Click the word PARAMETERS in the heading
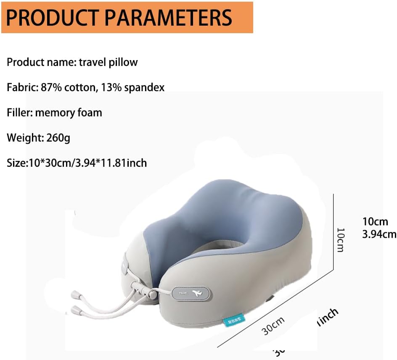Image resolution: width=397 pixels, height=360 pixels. (x=168, y=17)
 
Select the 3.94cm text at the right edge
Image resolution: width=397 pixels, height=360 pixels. (x=379, y=234)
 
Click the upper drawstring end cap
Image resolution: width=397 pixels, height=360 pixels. (x=75, y=294)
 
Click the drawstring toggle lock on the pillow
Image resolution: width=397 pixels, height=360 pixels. (x=137, y=288)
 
